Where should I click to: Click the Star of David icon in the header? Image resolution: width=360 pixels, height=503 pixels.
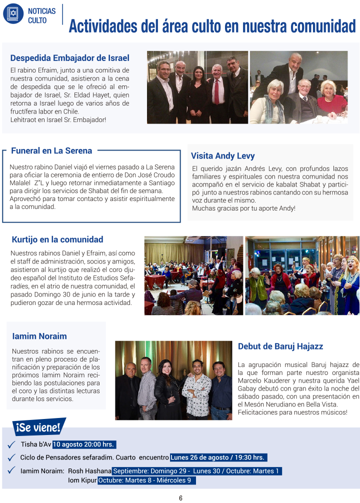(13, 13)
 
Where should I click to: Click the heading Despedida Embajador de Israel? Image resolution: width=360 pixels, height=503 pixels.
(69, 58)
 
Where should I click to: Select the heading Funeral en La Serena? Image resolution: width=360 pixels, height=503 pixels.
(51, 150)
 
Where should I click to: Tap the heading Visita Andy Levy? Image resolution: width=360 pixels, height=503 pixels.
(222, 156)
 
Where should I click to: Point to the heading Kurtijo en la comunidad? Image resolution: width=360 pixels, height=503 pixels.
(57, 239)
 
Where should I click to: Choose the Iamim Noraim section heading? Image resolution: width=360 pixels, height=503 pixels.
(39, 336)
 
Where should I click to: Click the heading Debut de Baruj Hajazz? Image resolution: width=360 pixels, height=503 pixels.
(280, 346)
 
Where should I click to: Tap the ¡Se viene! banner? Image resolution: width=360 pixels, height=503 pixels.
(38, 427)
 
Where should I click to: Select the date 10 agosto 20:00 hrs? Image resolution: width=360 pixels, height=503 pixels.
(84, 444)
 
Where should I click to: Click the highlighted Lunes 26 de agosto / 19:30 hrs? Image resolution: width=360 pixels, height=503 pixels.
(218, 457)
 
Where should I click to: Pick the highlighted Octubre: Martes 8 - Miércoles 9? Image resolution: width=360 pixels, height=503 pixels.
(146, 480)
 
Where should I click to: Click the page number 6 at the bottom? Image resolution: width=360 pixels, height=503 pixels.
(180, 498)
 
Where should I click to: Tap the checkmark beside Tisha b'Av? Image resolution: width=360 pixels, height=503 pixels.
(11, 444)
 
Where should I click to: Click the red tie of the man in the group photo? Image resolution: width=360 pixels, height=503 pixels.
(216, 90)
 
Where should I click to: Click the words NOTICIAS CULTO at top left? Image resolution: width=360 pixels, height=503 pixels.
(38, 15)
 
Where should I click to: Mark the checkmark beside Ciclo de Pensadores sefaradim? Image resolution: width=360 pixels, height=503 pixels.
(11, 457)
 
